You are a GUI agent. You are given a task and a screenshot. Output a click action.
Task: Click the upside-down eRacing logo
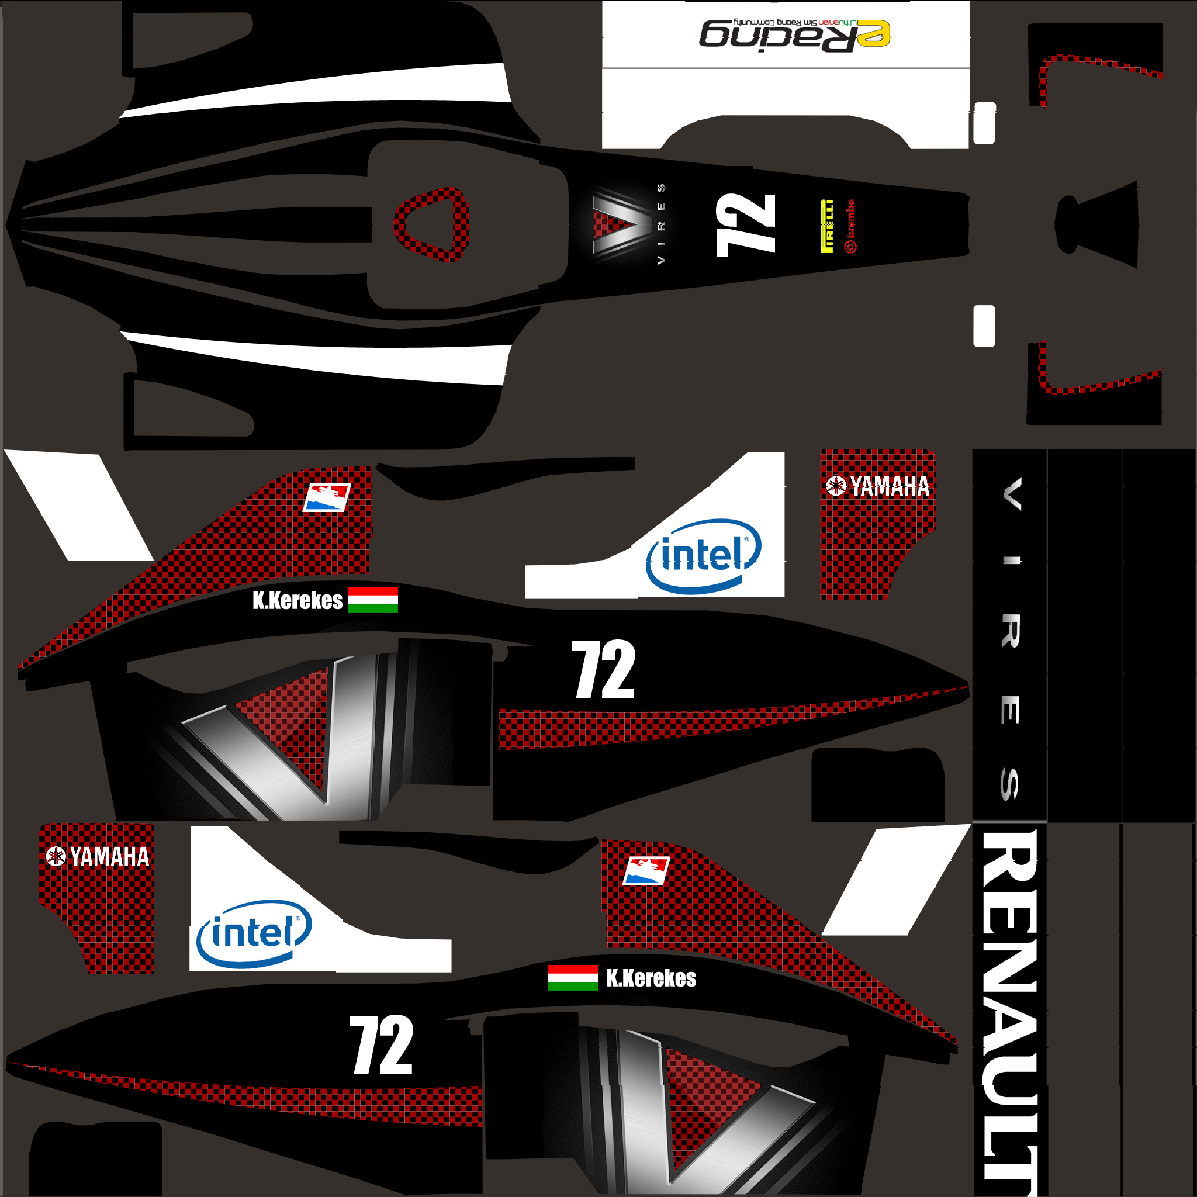click(795, 34)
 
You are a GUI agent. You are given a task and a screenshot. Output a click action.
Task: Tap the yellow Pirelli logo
click(826, 226)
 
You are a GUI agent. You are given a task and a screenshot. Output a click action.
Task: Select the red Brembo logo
click(851, 226)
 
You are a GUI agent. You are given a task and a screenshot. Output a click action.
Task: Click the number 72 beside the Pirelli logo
click(746, 224)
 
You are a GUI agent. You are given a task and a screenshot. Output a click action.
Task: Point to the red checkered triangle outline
click(432, 224)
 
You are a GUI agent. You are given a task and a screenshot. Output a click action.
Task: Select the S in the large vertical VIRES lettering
click(1010, 784)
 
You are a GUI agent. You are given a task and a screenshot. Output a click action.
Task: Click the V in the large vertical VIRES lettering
click(1012, 494)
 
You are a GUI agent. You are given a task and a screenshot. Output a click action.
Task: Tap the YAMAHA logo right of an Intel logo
click(878, 486)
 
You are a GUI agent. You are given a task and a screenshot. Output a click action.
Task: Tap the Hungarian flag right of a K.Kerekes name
click(372, 600)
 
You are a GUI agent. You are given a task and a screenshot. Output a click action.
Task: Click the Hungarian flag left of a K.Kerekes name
click(573, 978)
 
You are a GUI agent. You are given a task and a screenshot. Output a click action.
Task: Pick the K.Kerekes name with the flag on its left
click(651, 978)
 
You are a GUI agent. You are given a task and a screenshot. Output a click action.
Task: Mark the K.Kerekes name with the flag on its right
click(297, 600)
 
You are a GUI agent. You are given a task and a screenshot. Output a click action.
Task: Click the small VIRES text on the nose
click(661, 224)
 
